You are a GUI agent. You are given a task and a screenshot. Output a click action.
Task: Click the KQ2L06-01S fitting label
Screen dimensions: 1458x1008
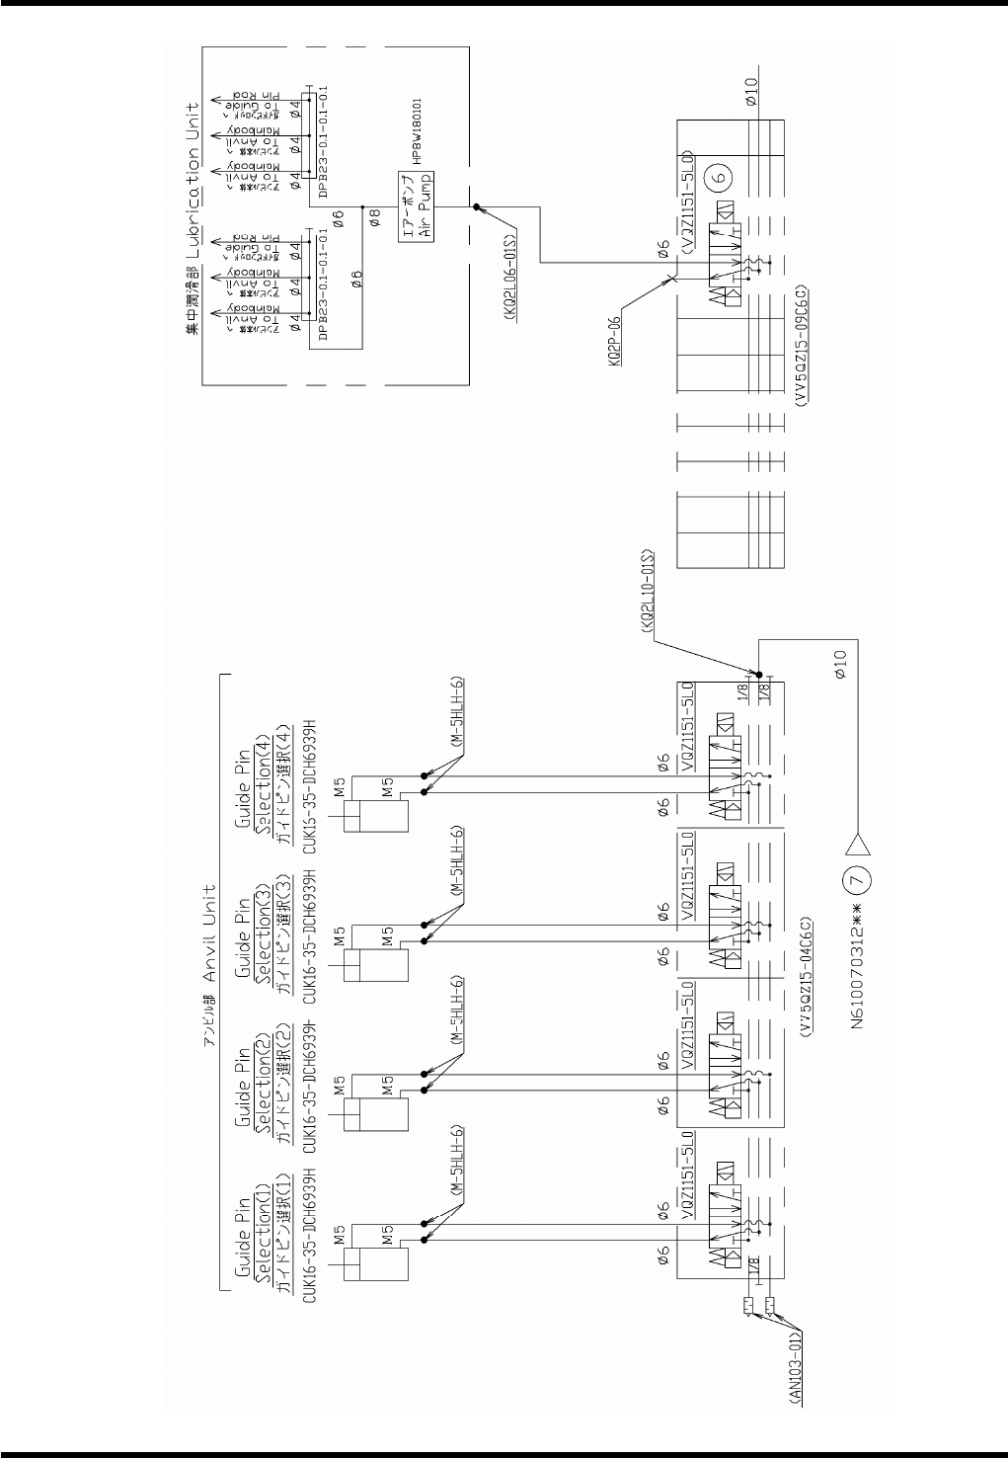point(509,269)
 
